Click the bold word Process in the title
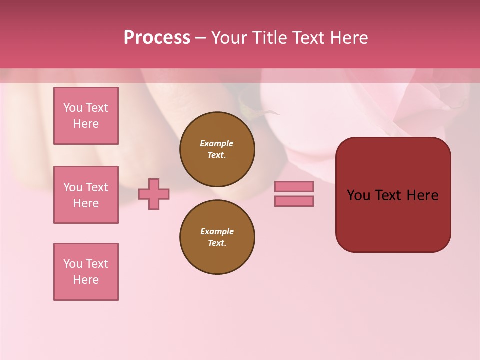coord(157,38)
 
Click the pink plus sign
coord(154,194)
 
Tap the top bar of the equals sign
coord(294,186)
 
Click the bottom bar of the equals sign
coord(294,201)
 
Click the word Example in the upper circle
coord(217,143)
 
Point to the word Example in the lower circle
coord(217,231)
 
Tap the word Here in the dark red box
coord(422,195)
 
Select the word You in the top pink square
coord(73,108)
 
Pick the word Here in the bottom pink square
coord(86,280)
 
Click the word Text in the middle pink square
coord(97,187)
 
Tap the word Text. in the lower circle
coord(217,243)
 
